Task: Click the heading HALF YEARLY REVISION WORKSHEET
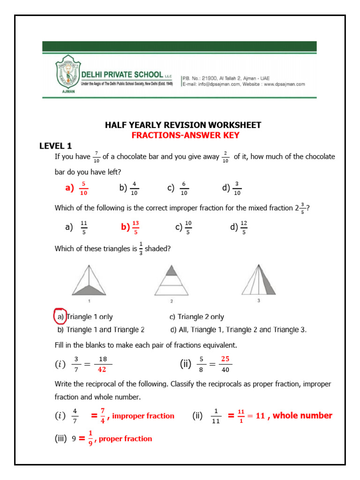[x=183, y=125]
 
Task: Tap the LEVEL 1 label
[x=55, y=146]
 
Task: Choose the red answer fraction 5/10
[x=83, y=188]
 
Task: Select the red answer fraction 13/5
[x=136, y=227]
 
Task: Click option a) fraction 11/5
[x=84, y=227]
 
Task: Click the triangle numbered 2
[x=172, y=280]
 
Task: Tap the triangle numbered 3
[x=258, y=280]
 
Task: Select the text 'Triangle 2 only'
[x=201, y=317]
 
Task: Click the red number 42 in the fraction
[x=102, y=369]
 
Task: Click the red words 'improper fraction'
[x=143, y=416]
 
